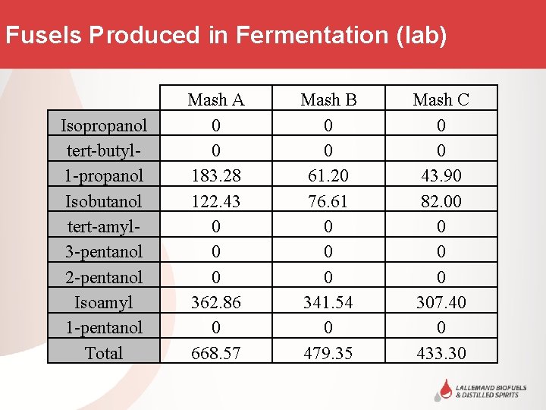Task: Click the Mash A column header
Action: click(216, 99)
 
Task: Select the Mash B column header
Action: click(328, 99)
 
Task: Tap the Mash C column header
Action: click(441, 99)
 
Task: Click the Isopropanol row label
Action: click(104, 125)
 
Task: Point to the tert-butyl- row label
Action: click(104, 150)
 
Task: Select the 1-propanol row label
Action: click(104, 175)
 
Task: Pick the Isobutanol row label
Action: click(104, 201)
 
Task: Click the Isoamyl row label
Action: click(104, 302)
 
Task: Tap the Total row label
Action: click(104, 353)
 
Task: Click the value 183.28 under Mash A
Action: click(216, 175)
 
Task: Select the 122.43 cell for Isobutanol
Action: click(216, 201)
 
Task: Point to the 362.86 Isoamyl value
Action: click(216, 302)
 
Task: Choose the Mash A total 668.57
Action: click(216, 353)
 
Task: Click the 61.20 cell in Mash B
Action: click(328, 175)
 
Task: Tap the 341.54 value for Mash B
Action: click(328, 302)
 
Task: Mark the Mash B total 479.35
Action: click(328, 353)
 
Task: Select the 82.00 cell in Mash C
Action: click(441, 201)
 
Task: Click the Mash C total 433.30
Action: click(441, 353)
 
